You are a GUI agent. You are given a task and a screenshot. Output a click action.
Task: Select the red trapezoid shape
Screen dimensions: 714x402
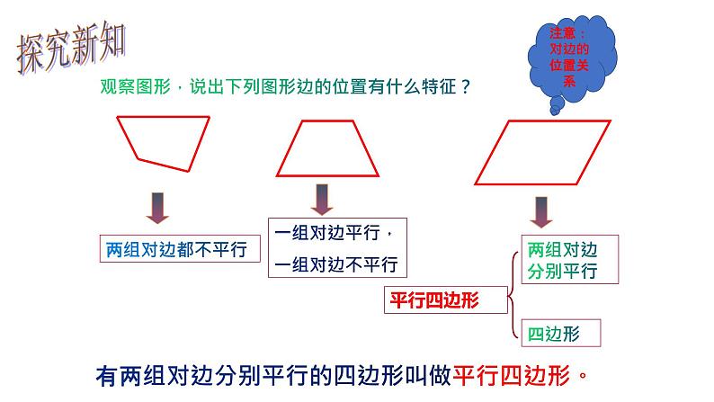(332, 150)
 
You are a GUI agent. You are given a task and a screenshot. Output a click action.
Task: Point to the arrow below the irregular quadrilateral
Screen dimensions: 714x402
(158, 207)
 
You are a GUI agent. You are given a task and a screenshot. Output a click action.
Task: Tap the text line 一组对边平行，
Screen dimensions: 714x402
(335, 233)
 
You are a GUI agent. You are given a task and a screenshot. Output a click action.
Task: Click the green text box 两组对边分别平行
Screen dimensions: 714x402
(561, 260)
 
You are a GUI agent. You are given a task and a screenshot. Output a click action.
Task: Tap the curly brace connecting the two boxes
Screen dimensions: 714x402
(513, 297)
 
